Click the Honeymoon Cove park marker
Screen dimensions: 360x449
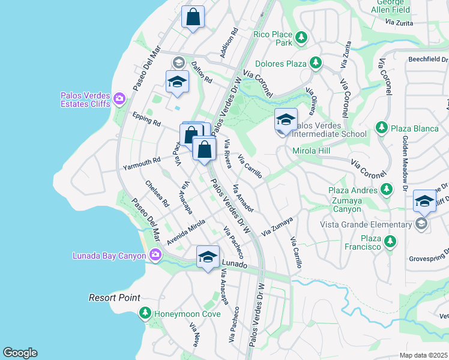[145, 313]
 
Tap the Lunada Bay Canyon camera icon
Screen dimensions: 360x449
[155, 256]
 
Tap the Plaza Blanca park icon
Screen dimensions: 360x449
[381, 127]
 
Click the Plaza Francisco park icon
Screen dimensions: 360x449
[390, 242]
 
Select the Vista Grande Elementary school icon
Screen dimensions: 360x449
[421, 224]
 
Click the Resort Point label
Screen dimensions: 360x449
[115, 298]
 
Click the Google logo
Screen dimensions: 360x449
[20, 353]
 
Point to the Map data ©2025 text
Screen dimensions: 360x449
[424, 355]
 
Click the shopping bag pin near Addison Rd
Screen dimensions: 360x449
[193, 18]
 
